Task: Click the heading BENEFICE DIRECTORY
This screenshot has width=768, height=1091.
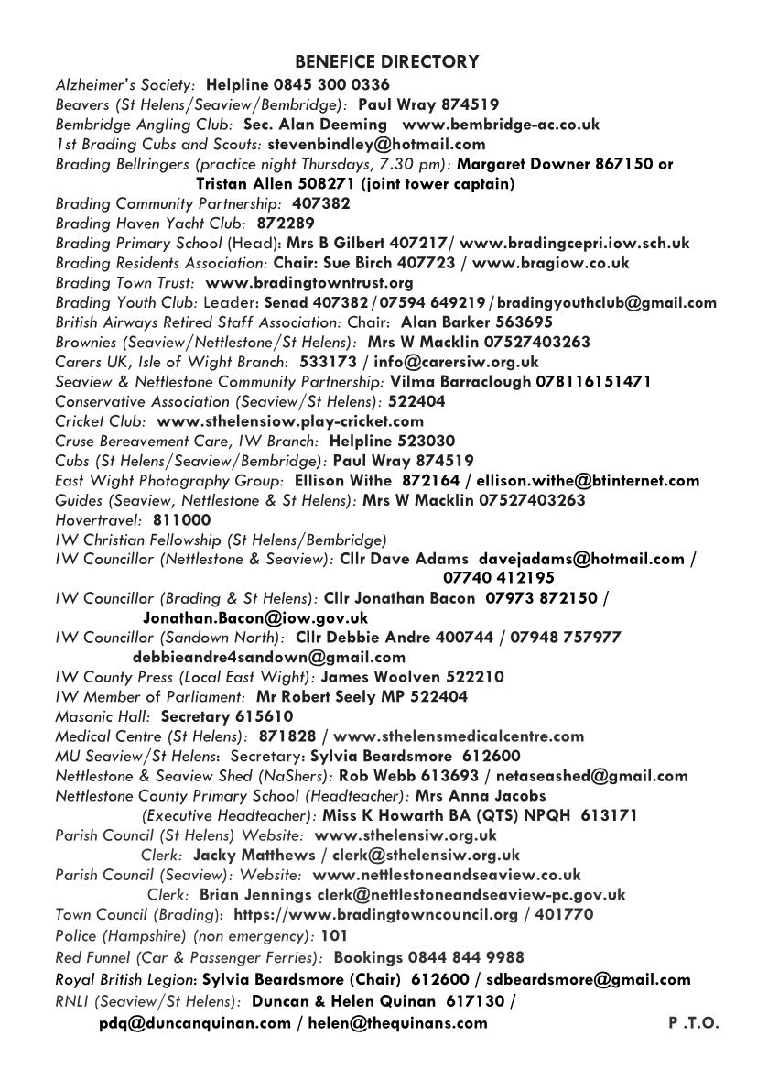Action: click(x=386, y=62)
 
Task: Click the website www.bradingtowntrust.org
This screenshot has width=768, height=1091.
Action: click(x=309, y=283)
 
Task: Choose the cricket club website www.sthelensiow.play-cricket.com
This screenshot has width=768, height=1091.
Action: click(x=290, y=421)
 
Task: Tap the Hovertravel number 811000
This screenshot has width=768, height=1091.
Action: click(x=181, y=519)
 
